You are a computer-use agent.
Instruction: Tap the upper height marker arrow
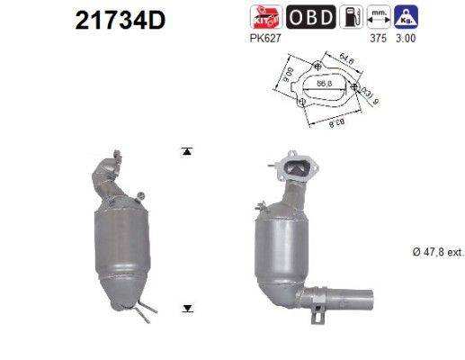(x=187, y=151)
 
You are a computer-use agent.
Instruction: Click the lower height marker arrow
(x=187, y=308)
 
